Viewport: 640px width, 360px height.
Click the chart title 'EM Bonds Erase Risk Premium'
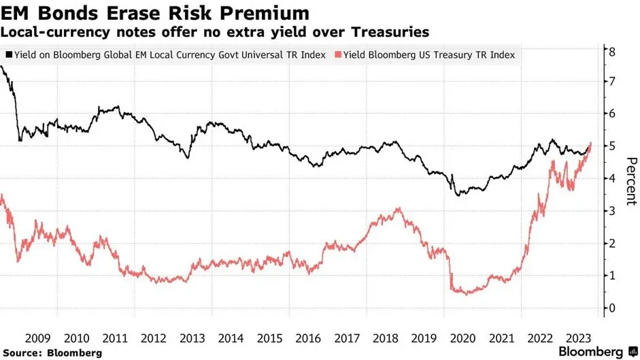(x=156, y=14)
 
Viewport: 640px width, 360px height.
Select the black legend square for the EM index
(x=9, y=54)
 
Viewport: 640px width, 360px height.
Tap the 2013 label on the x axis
(x=192, y=338)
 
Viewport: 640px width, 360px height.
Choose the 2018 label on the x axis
(x=386, y=338)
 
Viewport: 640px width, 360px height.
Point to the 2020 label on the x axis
(x=462, y=338)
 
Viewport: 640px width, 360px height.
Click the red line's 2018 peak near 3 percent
(x=398, y=209)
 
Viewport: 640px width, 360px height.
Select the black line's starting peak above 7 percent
(x=3, y=67)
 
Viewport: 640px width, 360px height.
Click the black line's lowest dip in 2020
(x=458, y=195)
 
